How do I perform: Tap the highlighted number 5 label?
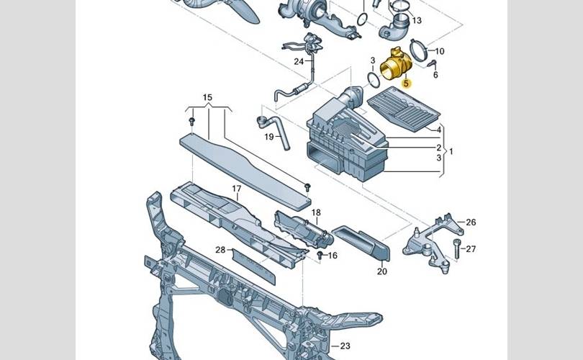406,84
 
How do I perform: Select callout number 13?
417,21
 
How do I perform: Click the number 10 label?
439,51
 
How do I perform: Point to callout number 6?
435,74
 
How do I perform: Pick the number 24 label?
299,62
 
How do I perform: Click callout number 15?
207,97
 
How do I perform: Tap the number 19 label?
268,137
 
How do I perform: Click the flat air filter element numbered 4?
404,108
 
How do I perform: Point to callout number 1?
451,152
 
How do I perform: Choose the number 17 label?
236,189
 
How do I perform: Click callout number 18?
316,212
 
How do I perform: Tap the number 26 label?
471,222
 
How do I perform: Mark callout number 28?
220,249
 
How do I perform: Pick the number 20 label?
381,271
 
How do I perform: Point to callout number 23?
345,346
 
